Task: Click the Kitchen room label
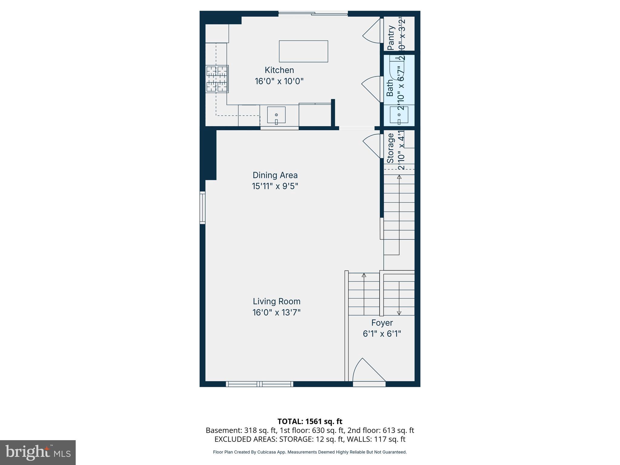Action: coord(279,70)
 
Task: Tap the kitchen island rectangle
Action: coord(303,51)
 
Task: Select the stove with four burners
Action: coord(217,79)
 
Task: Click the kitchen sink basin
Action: coord(276,115)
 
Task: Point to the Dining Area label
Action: coord(275,175)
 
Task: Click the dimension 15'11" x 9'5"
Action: coord(275,186)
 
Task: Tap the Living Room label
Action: coord(276,301)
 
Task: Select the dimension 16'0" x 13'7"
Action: coord(276,312)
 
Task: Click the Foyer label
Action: coord(382,323)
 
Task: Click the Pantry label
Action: coord(391,38)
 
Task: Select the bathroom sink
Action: coord(399,115)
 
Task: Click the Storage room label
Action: coord(391,148)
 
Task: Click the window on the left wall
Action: coord(203,208)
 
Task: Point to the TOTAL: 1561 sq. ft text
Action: coord(310,421)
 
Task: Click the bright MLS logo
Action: coord(38,452)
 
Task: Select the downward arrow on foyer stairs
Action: coord(399,313)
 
